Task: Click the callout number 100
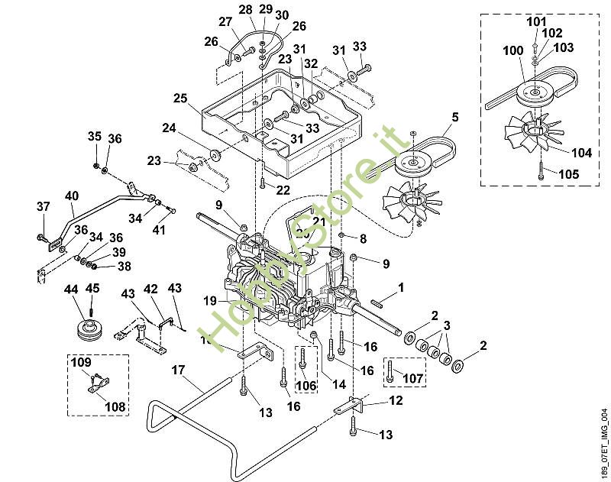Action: click(513, 50)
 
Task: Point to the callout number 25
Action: click(179, 99)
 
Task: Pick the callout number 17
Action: click(178, 370)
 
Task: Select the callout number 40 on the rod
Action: click(72, 196)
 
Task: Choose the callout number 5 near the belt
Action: click(454, 117)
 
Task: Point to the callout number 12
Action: click(395, 400)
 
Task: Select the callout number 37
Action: click(44, 206)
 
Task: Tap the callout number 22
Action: click(283, 189)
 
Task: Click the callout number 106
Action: click(305, 386)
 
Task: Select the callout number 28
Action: click(245, 9)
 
